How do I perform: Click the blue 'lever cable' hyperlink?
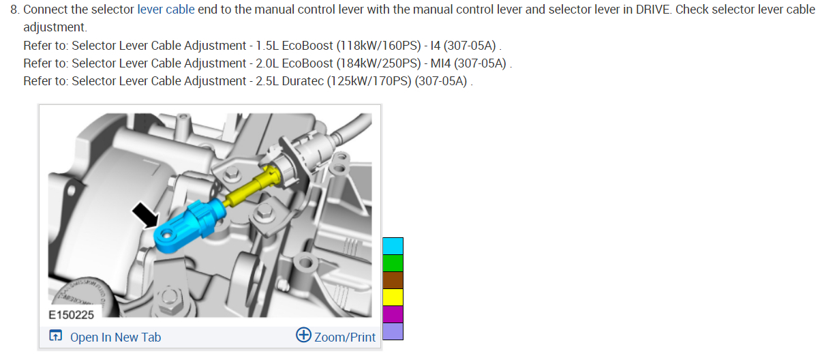(x=166, y=9)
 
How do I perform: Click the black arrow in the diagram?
(x=146, y=215)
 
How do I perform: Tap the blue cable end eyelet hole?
(x=167, y=234)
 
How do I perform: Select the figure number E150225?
(x=71, y=315)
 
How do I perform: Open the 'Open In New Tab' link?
(x=116, y=337)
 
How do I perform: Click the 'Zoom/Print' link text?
(x=345, y=337)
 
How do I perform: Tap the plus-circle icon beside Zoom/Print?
(x=303, y=335)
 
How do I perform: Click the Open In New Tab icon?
(x=56, y=335)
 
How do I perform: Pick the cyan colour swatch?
(x=393, y=246)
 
